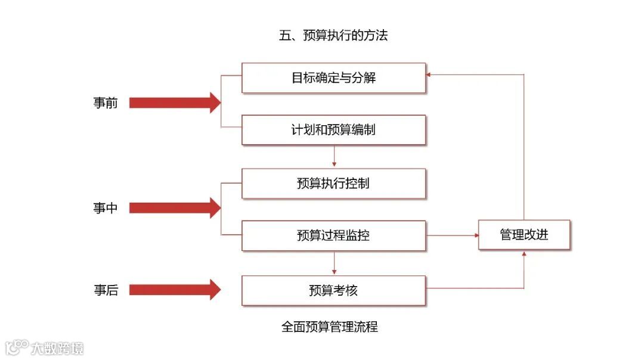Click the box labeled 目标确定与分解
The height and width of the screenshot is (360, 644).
pyautogui.click(x=333, y=78)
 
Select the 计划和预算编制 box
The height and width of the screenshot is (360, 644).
pyautogui.click(x=333, y=130)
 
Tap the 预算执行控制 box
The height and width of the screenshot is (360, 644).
pyautogui.click(x=333, y=184)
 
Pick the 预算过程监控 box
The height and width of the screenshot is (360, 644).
pyautogui.click(x=333, y=235)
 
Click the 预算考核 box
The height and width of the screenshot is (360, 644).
pyautogui.click(x=333, y=291)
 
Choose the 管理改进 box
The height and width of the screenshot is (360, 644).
pyautogui.click(x=524, y=235)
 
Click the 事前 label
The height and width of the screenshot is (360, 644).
pyautogui.click(x=106, y=103)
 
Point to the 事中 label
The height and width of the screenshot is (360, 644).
pyautogui.click(x=106, y=208)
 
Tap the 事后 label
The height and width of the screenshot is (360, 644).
pyautogui.click(x=106, y=290)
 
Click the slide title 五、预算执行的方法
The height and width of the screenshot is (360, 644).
pyautogui.click(x=333, y=36)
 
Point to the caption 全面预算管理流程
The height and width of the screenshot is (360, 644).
pyautogui.click(x=330, y=327)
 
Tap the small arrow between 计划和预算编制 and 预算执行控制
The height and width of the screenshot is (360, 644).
pyautogui.click(x=334, y=156)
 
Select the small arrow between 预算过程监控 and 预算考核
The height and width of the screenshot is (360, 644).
pyautogui.click(x=334, y=263)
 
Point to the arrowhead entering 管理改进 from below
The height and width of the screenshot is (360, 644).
pyautogui.click(x=524, y=253)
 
